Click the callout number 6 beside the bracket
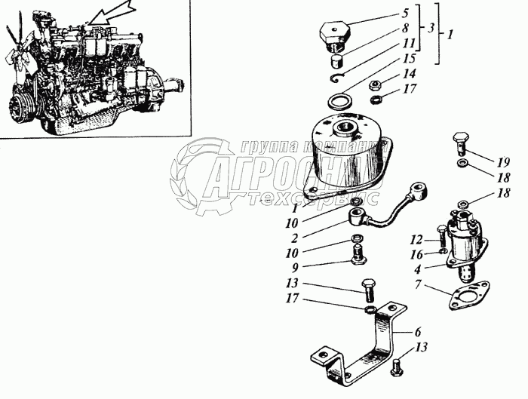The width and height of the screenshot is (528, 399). (417, 331)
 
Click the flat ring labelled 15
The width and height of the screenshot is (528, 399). (341, 100)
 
